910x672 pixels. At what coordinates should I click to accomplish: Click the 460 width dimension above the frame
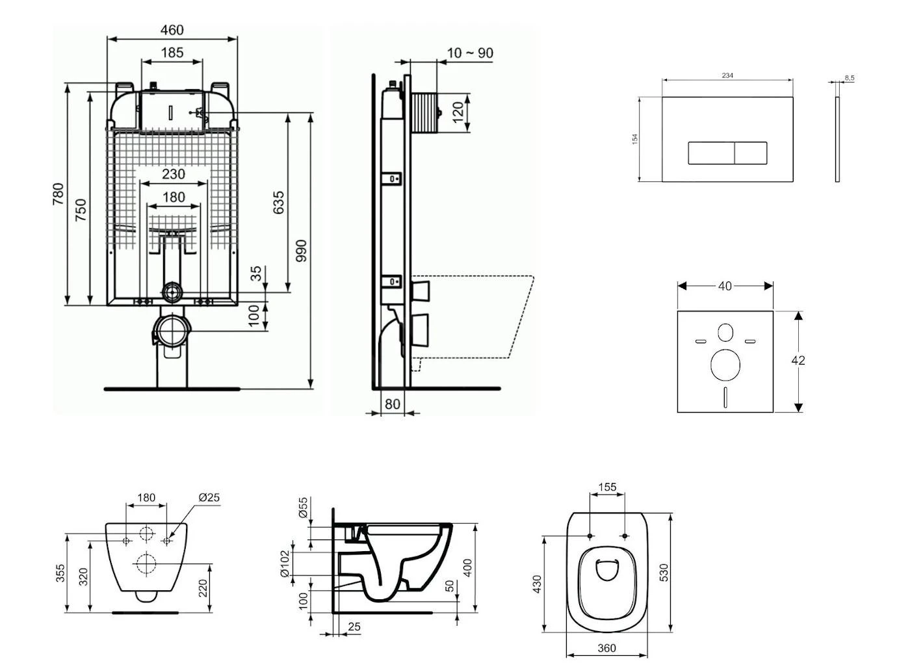click(172, 30)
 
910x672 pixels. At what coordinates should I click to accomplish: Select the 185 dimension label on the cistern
click(172, 53)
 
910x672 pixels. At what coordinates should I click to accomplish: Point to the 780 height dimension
click(58, 194)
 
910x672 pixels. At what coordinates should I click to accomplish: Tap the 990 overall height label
click(301, 251)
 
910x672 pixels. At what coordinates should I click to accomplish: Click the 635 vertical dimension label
click(278, 203)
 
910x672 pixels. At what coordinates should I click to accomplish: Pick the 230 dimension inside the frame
click(173, 174)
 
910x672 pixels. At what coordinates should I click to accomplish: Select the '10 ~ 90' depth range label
click(470, 53)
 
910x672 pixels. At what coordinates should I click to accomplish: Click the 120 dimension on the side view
click(458, 112)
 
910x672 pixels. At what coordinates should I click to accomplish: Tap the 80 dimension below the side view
click(392, 404)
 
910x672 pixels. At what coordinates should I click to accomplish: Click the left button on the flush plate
click(711, 153)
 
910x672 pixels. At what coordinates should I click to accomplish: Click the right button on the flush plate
click(751, 153)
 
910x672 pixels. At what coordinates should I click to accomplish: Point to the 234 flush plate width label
click(727, 76)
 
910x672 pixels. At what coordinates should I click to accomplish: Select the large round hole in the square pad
click(725, 365)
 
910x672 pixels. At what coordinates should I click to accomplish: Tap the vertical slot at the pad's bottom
click(725, 396)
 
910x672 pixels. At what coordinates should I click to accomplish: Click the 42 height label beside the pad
click(798, 360)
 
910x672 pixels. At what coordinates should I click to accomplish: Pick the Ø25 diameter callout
click(209, 498)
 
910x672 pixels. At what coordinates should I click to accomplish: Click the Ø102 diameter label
click(285, 564)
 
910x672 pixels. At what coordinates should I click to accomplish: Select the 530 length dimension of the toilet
click(664, 572)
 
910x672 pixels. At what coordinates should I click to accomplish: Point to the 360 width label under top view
click(606, 648)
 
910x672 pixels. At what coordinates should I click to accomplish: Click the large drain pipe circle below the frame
click(172, 331)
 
